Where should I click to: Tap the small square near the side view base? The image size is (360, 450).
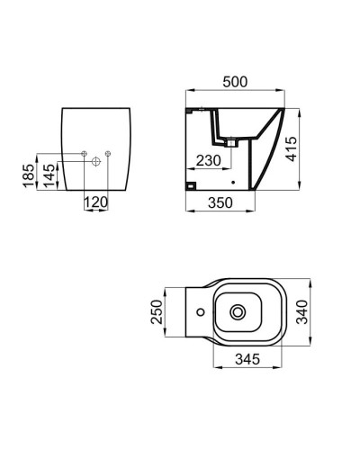(192, 186)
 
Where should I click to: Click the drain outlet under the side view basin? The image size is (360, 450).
(232, 141)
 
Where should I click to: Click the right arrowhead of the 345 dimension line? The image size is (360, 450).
(281, 367)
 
